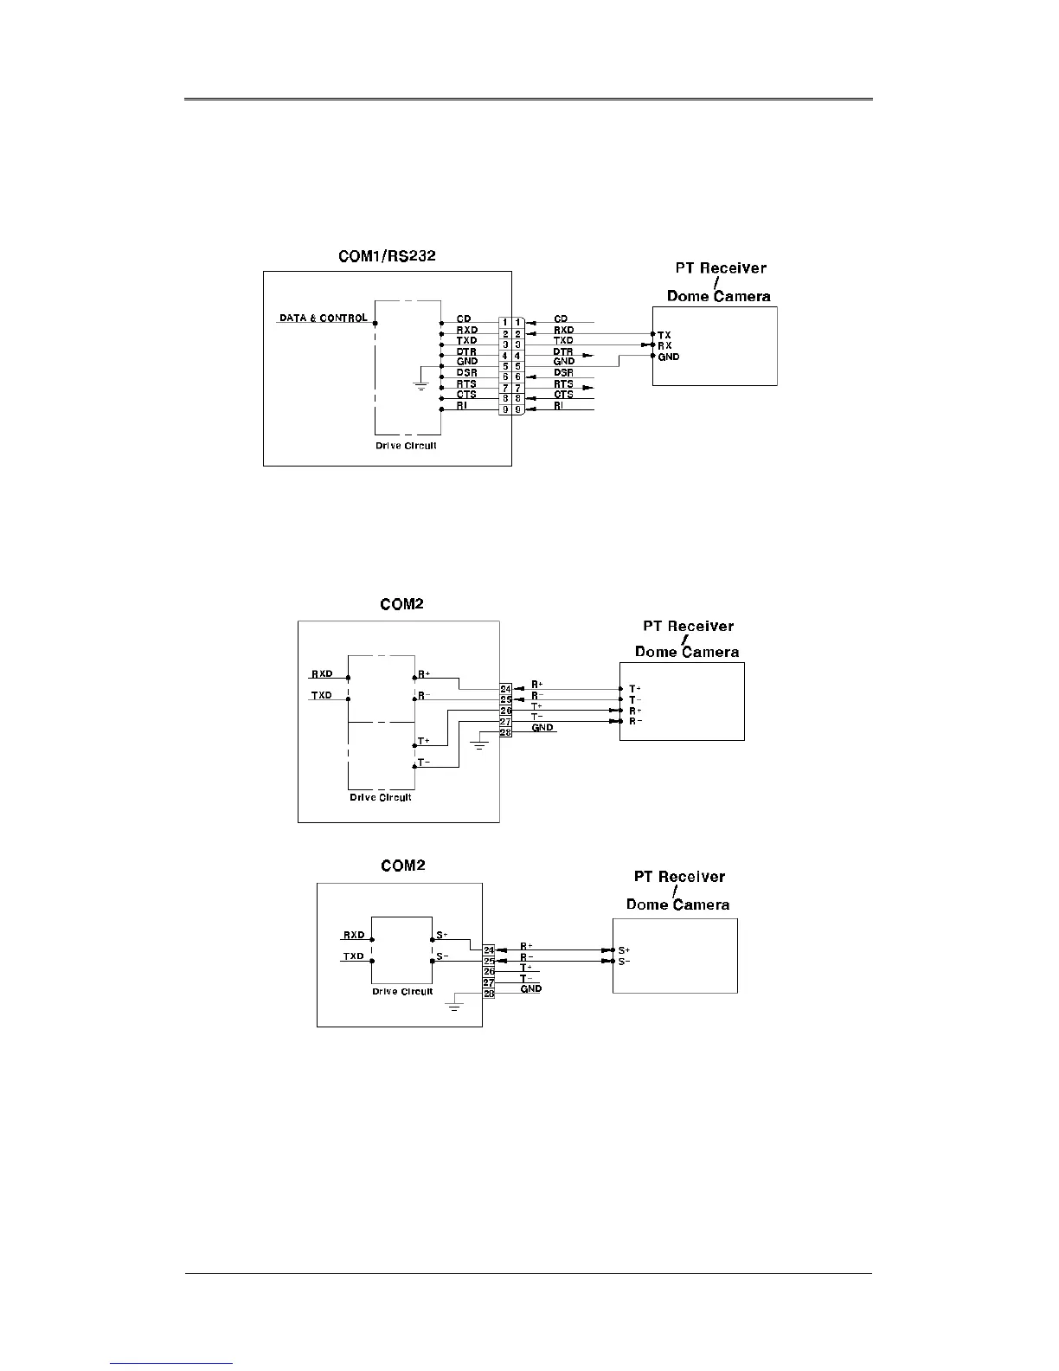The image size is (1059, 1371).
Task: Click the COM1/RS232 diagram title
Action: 386,256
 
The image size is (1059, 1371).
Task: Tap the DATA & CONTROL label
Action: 323,319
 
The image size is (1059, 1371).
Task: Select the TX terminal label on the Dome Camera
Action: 664,334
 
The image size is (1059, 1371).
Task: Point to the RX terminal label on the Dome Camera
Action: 664,345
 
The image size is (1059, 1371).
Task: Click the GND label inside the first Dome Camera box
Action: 669,357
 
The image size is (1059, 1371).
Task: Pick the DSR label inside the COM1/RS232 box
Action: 466,373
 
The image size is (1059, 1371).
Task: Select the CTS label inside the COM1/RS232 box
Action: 466,395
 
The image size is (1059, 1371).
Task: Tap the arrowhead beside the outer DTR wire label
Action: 587,355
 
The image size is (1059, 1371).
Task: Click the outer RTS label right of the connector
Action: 563,384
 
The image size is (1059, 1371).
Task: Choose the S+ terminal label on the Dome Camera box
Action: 625,950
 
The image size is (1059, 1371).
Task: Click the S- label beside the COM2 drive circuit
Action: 442,956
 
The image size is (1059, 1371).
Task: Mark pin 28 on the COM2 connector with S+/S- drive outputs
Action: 489,994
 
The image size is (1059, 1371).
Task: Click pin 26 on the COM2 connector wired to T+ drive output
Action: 506,711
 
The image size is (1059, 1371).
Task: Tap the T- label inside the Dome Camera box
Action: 635,700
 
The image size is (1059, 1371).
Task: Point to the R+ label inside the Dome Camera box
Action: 635,711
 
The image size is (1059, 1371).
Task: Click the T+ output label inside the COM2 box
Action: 424,742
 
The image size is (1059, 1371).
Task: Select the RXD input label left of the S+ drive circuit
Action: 354,935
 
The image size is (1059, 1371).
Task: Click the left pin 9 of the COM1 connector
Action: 504,409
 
